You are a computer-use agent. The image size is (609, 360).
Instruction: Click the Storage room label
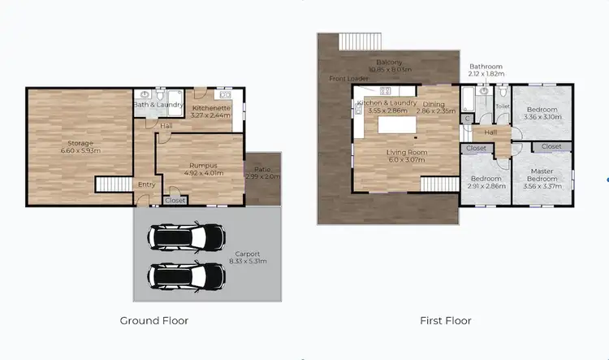[80, 142]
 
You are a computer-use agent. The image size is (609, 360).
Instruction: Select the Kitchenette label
[211, 108]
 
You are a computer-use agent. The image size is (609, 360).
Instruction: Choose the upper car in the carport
[186, 237]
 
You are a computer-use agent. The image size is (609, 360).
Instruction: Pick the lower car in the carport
[186, 277]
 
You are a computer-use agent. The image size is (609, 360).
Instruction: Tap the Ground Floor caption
[154, 320]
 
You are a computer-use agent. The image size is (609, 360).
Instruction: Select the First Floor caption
[445, 320]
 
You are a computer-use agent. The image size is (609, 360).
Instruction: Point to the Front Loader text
[349, 79]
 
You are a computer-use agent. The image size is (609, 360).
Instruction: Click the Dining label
[433, 103]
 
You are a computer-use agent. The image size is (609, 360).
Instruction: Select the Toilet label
[503, 106]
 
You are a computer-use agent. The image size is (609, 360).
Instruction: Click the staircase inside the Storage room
[114, 185]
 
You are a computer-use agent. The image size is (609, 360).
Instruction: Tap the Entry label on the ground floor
[147, 184]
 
